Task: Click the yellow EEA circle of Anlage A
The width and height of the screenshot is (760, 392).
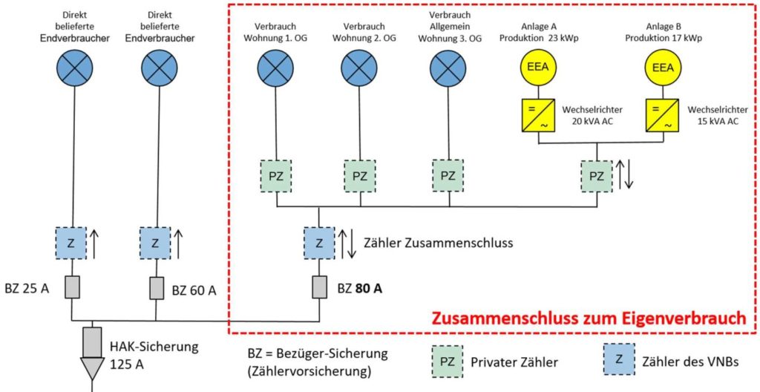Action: pos(536,68)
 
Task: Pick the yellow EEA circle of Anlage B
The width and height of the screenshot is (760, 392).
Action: pos(663,68)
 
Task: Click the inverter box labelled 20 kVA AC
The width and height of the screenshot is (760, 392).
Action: pos(536,115)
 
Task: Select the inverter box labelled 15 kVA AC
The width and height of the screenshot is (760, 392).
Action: pos(663,115)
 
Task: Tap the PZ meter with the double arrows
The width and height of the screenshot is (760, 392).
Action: pos(597,176)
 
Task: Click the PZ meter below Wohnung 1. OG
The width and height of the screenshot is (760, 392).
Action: pos(276,176)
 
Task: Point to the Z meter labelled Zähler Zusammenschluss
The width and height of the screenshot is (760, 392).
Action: pos(318,243)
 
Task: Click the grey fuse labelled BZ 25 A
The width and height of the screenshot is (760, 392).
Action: pos(71,287)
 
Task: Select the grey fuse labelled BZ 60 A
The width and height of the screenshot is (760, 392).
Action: pos(156,287)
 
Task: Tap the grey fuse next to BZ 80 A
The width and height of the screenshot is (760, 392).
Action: pos(318,287)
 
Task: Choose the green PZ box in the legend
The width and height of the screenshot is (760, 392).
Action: pos(447,362)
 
